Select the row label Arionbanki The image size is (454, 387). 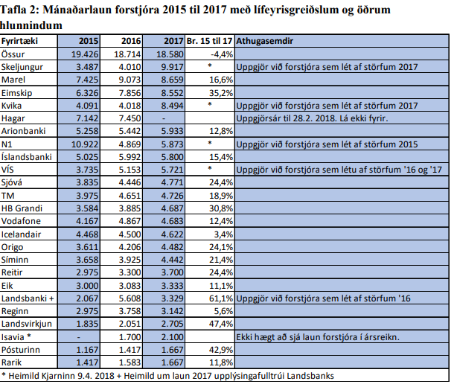click(24, 129)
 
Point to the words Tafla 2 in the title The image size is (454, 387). click(22, 8)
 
